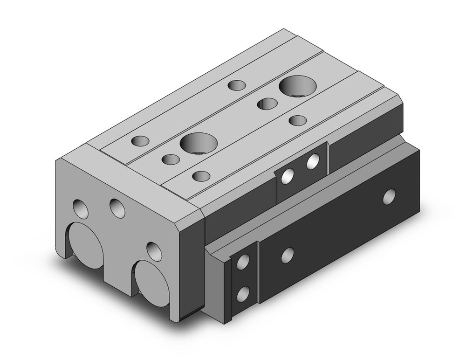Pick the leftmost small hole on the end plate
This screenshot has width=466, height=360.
[x=81, y=209]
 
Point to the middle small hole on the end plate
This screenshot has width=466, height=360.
[x=117, y=207]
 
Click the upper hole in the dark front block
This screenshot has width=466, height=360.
[x=242, y=263]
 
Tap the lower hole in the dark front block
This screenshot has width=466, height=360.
[x=242, y=294]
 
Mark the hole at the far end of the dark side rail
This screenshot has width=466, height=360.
[x=389, y=196]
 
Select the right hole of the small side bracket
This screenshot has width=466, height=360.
[x=313, y=162]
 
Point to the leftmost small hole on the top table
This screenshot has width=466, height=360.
[x=140, y=140]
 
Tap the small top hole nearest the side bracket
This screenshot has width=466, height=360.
[x=297, y=120]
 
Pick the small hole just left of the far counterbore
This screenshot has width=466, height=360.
[x=267, y=104]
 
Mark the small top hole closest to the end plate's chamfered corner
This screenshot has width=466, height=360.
[x=201, y=176]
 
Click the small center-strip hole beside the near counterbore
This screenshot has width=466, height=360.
[x=171, y=159]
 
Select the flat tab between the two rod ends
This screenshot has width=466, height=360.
[x=119, y=261]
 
